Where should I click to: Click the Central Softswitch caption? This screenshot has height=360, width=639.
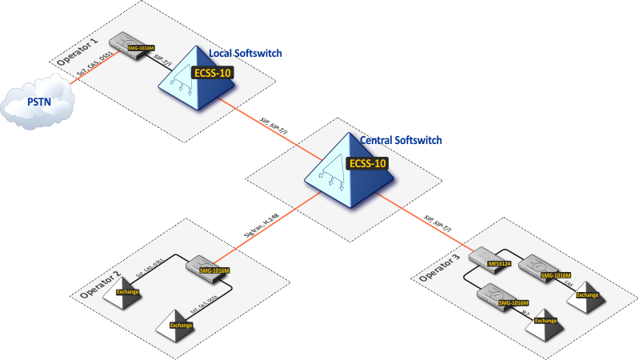click(401, 140)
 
